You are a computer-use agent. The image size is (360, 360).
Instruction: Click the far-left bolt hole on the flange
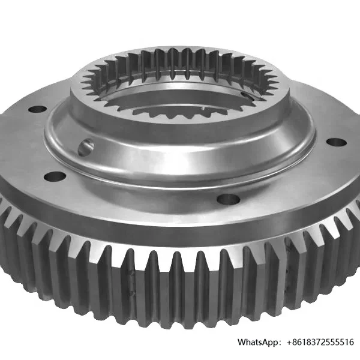point(37,110)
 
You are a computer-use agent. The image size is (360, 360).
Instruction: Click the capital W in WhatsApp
point(242,342)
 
